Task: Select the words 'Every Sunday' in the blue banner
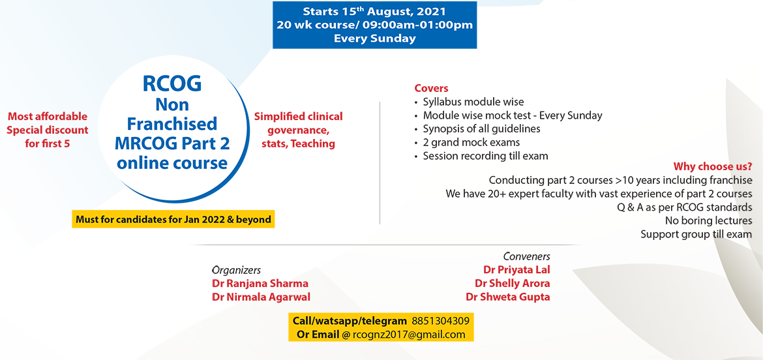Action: (374, 38)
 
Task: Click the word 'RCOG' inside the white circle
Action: (172, 84)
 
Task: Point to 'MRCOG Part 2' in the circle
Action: (172, 143)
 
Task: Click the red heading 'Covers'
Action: (431, 88)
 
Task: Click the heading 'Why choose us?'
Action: (712, 166)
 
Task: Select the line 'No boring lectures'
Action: (708, 220)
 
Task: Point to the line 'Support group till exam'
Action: (696, 234)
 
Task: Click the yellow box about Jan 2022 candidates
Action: (173, 220)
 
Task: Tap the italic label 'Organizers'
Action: (236, 269)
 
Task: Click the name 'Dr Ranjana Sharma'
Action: (260, 283)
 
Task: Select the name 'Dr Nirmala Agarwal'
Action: (261, 297)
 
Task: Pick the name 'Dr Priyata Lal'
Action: (516, 269)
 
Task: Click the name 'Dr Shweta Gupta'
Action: (507, 297)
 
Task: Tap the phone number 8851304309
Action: (440, 321)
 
